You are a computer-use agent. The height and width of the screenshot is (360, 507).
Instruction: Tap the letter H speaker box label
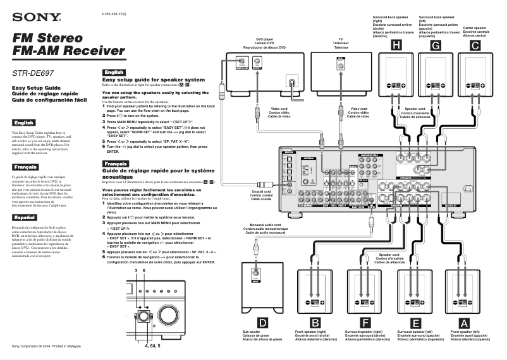point(395,45)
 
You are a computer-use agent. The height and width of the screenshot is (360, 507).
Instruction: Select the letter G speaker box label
point(435,45)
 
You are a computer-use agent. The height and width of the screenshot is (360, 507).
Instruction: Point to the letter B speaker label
point(314,323)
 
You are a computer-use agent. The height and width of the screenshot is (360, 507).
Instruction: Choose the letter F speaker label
point(365,323)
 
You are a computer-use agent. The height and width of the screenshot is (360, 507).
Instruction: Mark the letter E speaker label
point(415,323)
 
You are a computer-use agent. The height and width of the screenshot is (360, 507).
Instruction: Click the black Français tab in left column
point(24,167)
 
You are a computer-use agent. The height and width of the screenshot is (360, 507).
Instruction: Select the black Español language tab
point(23,217)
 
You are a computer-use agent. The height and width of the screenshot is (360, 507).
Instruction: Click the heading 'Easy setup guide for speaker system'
point(154,80)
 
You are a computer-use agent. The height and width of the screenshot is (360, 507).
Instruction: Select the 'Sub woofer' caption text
point(251,332)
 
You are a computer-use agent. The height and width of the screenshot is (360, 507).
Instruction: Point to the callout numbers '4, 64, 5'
point(152,346)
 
